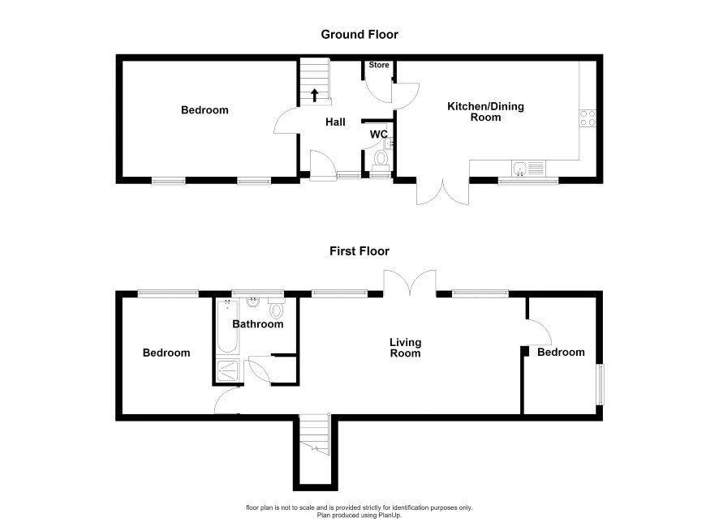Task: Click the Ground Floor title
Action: [359, 34]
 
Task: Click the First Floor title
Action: [359, 251]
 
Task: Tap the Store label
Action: [379, 65]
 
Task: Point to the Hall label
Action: [335, 122]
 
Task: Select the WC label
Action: [379, 135]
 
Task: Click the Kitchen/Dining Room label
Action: [485, 112]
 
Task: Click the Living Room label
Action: [406, 348]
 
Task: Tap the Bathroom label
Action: [258, 324]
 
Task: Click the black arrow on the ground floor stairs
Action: [315, 96]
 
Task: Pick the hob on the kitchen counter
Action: [588, 118]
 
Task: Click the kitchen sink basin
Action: [519, 168]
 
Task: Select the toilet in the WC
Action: [381, 160]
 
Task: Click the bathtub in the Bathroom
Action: [227, 326]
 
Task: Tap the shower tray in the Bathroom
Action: [228, 370]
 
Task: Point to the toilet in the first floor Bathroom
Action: [277, 308]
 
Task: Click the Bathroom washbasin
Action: [252, 302]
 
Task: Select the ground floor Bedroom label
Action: [205, 110]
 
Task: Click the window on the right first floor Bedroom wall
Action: [601, 385]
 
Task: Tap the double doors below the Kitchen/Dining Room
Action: [443, 191]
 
